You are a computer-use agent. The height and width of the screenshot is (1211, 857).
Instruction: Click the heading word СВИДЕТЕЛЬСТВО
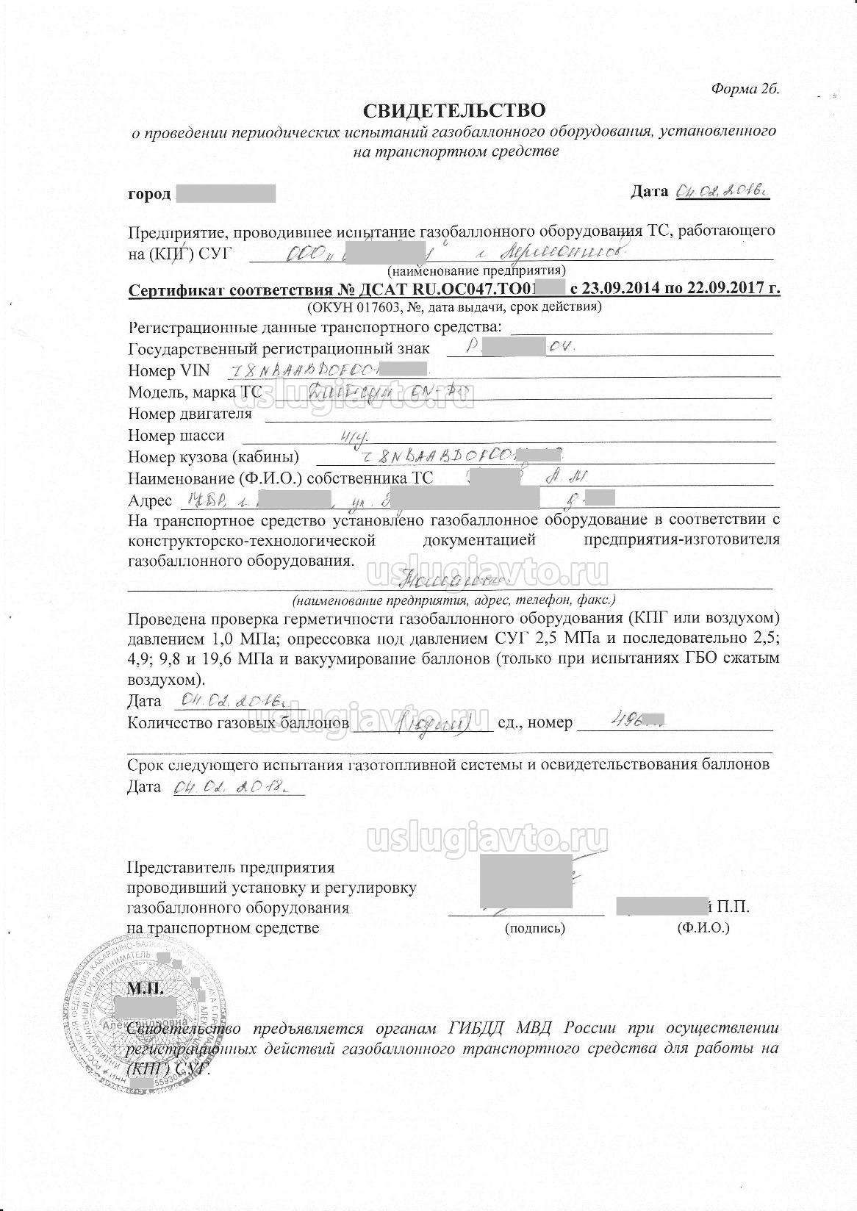(x=456, y=110)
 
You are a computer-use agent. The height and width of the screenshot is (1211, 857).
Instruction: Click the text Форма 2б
(x=745, y=88)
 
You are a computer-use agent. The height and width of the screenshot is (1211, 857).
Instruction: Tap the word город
(x=149, y=194)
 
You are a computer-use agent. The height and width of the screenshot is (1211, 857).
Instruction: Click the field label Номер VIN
(x=168, y=370)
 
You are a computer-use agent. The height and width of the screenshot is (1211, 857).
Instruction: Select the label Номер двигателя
(x=190, y=414)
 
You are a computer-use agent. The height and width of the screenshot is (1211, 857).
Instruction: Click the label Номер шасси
(x=176, y=436)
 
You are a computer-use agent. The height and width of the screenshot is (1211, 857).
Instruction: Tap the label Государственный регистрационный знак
(x=279, y=348)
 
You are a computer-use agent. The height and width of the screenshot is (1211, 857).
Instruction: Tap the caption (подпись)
(x=535, y=928)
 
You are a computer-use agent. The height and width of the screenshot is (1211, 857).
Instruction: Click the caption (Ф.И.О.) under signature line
(x=703, y=928)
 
